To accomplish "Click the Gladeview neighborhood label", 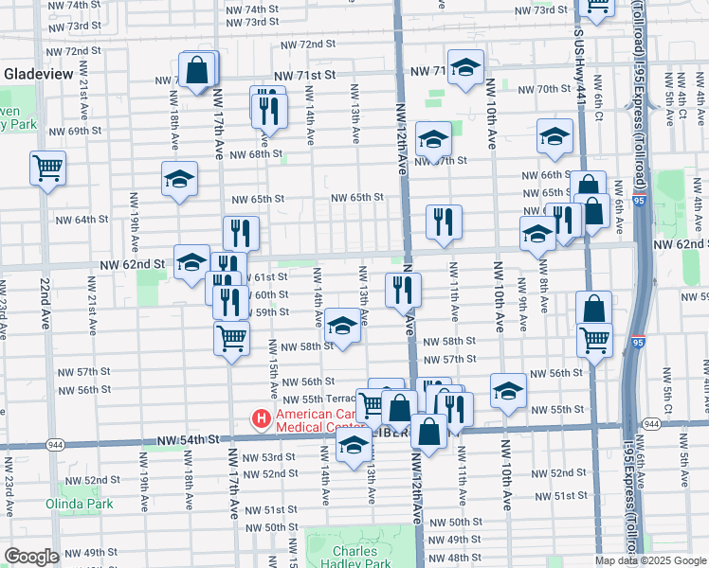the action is tap(36, 73).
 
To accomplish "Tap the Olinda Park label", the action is tap(80, 504).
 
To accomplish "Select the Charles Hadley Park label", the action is tap(355, 558).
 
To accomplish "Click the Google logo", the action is tap(31, 557).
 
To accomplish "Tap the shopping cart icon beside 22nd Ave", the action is tap(47, 169).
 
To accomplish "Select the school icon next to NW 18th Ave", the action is tap(179, 179).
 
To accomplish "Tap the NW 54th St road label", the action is tap(188, 440).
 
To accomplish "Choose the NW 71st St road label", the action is tap(305, 74).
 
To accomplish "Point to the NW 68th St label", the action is tap(256, 154).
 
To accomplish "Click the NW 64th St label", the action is tap(82, 220).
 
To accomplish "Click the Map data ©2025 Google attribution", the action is tap(650, 560).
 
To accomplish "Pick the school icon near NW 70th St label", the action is tap(464, 67).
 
